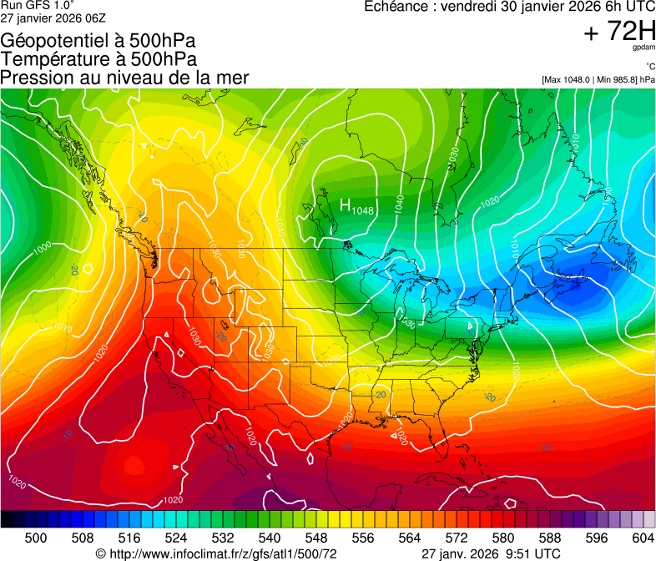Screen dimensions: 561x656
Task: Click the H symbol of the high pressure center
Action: [345, 205]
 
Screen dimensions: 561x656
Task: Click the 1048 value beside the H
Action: [362, 210]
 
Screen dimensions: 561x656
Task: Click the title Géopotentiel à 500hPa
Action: [98, 41]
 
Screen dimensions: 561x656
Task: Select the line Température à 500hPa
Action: [98, 59]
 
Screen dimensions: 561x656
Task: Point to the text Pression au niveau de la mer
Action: [124, 78]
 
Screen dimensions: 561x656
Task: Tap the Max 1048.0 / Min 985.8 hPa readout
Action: [598, 80]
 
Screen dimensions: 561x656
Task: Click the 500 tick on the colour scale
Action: [36, 538]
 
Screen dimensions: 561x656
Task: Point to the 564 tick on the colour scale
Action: [410, 538]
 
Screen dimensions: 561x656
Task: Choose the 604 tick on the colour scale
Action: [643, 538]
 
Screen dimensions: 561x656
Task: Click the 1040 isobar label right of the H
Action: [400, 202]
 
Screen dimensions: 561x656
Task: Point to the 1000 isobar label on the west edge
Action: [42, 247]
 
